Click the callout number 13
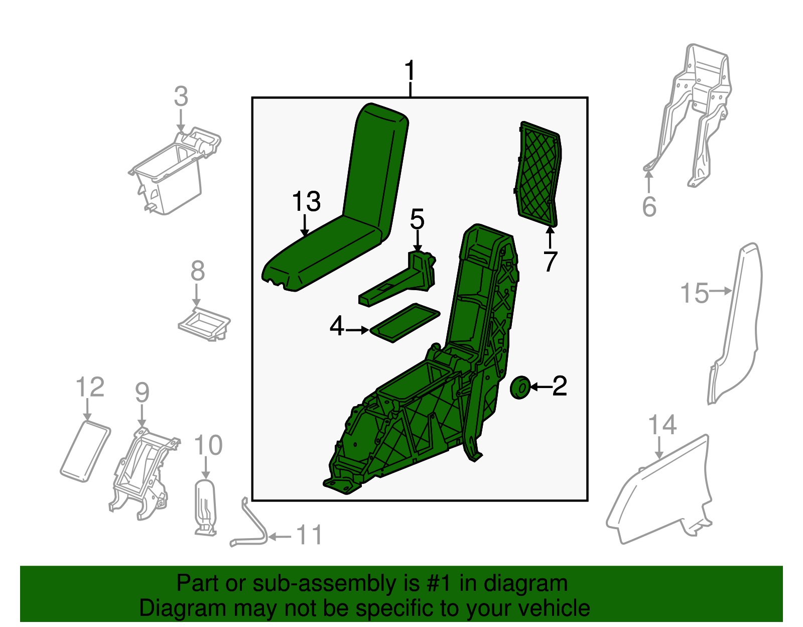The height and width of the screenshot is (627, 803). point(306,202)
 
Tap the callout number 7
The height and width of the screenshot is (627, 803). point(550,262)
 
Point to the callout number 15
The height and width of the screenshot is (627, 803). point(695,293)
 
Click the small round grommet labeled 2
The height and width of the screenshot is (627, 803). point(520,388)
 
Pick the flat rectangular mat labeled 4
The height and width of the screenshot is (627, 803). point(405,323)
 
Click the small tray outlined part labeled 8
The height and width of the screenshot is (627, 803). point(204,324)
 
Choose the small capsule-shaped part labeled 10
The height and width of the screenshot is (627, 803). point(205,507)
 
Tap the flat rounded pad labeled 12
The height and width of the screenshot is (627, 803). point(85,451)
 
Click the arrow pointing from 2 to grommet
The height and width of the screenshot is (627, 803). point(542,387)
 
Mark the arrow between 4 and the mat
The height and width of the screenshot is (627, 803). point(357,330)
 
